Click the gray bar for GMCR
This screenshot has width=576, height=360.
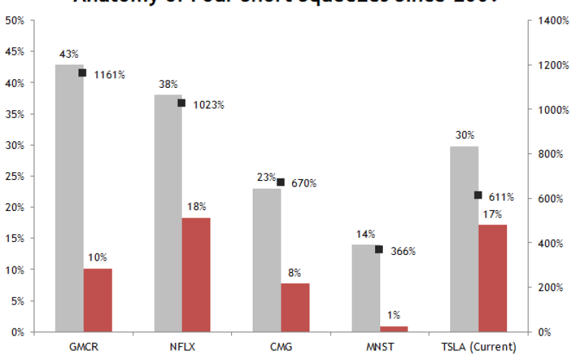tap(69, 198)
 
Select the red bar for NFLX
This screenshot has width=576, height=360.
tap(196, 274)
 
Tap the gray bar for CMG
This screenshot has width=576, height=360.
tap(266, 259)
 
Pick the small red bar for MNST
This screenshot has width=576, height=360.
tap(394, 328)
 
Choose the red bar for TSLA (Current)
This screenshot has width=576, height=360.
tap(492, 278)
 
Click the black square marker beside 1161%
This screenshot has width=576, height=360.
tap(83, 73)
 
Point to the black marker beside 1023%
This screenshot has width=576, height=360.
tap(181, 103)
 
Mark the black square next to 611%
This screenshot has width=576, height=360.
tap(478, 195)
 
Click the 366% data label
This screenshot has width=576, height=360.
tap(403, 251)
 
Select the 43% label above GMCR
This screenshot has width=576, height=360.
tap(69, 54)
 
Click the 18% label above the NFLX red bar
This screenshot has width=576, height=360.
tap(196, 207)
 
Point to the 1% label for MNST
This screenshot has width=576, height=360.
tap(394, 315)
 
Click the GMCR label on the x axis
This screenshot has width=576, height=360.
tap(83, 347)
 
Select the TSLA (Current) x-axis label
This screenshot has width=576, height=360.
tap(479, 347)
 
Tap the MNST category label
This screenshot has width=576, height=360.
tap(379, 347)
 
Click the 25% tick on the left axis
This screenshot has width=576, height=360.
tap(15, 176)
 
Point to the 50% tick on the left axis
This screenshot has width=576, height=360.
tap(15, 21)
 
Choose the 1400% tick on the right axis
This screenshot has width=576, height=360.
tap(544, 21)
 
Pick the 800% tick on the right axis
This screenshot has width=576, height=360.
tap(542, 154)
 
